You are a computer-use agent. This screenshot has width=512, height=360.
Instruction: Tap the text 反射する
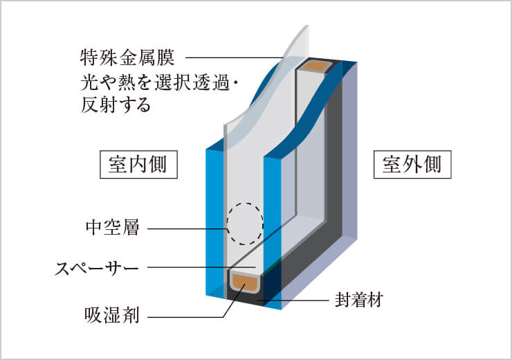(116, 105)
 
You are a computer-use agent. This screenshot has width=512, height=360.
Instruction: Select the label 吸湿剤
(112, 317)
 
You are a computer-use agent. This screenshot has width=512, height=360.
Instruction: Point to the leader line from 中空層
(187, 228)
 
